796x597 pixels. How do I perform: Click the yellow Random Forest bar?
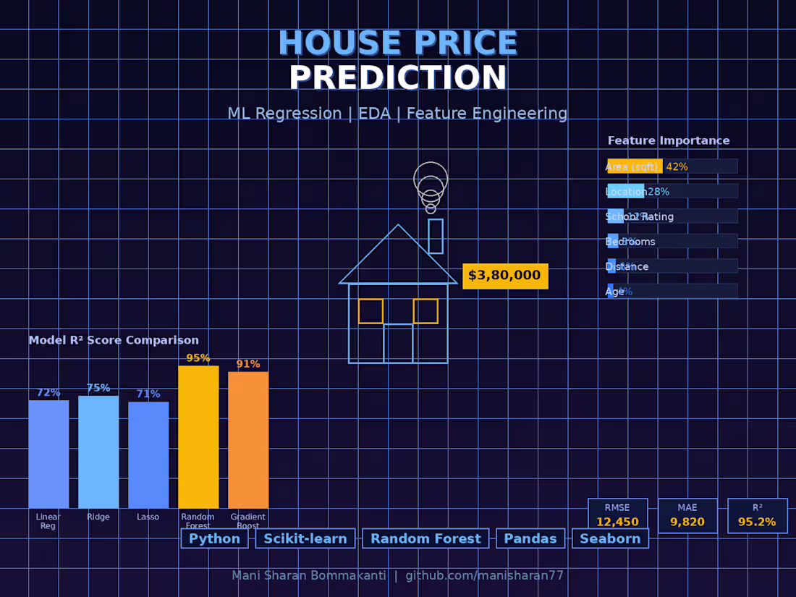coord(198,437)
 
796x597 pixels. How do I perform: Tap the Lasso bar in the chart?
coord(148,455)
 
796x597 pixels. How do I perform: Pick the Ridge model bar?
coord(98,452)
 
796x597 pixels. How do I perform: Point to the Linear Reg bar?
coord(48,454)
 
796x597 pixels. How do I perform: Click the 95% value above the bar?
coord(198,358)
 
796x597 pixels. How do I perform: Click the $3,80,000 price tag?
coord(505,276)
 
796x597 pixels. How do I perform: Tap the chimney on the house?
coord(436,236)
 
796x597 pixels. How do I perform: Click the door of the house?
coord(398,343)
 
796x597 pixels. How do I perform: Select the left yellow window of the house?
coord(371,311)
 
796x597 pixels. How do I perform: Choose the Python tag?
coord(214,538)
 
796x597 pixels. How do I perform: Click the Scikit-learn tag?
coord(305,538)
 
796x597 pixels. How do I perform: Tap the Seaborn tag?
coord(610,538)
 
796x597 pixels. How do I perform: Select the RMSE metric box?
coord(618,515)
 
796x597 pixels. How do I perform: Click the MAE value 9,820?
coord(687,522)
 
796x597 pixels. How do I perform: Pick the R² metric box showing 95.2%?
coord(757,515)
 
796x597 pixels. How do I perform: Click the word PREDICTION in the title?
coord(398,78)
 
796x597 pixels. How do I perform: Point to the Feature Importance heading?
coord(669,141)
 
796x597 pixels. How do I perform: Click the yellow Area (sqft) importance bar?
coord(635,166)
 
